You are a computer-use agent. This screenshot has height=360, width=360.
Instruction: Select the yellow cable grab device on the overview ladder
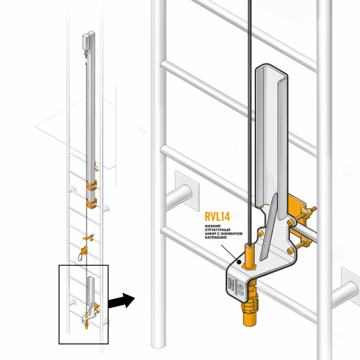point(85,249)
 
